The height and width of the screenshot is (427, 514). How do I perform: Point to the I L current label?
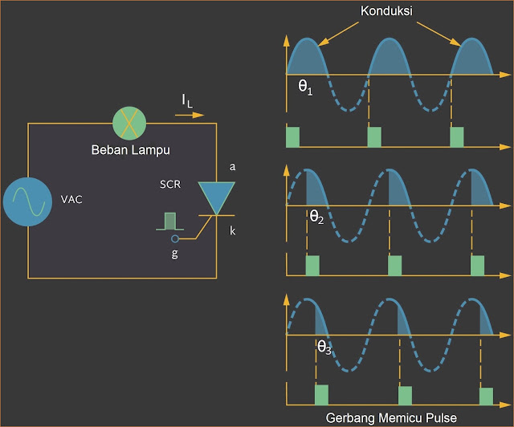tap(187, 100)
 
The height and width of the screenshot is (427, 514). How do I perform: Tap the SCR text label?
tap(169, 184)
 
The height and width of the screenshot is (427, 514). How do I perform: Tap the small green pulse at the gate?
tap(169, 221)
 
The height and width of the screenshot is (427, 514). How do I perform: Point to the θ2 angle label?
tap(316, 216)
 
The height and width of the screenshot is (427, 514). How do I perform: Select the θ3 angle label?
tap(325, 348)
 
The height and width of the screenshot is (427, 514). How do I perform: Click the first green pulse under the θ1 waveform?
tap(293, 137)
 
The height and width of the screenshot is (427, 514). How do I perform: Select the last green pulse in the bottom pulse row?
tap(486, 396)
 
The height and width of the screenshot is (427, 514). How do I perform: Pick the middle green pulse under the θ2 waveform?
tap(394, 266)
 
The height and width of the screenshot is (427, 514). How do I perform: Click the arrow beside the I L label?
tap(190, 116)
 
